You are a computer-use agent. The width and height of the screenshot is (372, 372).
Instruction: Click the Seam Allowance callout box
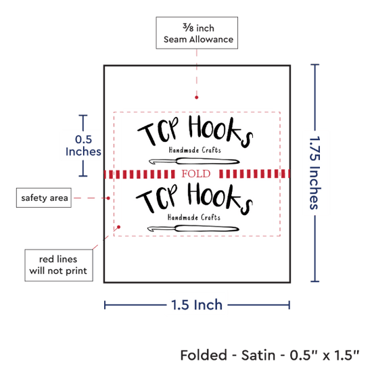click(x=197, y=32)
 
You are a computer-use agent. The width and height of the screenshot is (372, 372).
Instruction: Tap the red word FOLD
click(x=196, y=174)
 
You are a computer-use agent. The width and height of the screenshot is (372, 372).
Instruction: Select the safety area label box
click(x=44, y=197)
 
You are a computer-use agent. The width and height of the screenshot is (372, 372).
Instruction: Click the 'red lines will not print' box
click(x=59, y=265)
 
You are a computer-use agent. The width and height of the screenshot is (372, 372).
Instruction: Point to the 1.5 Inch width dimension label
click(x=197, y=304)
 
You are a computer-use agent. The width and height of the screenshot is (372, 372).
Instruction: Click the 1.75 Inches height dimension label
click(x=315, y=172)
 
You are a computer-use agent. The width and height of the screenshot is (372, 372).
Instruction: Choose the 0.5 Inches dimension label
click(x=83, y=145)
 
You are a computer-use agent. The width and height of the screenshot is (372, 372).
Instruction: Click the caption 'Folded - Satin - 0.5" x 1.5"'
click(x=270, y=355)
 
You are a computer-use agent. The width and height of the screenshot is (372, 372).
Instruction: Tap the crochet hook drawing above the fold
click(x=194, y=162)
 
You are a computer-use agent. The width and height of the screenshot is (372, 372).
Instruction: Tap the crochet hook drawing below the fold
click(x=193, y=229)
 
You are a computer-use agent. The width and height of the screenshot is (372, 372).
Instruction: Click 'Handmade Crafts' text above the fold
click(x=195, y=150)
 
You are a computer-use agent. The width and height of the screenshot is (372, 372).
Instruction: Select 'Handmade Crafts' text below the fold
click(x=194, y=217)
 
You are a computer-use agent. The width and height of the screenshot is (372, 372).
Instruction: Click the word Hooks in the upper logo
click(x=221, y=131)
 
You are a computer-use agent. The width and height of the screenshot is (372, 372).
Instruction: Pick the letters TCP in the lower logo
click(x=157, y=198)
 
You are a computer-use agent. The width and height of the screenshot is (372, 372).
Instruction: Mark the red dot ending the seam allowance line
click(x=196, y=97)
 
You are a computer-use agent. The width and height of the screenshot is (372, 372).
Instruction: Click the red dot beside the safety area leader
click(x=108, y=198)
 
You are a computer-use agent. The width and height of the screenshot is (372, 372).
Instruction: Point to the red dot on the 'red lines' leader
click(x=119, y=227)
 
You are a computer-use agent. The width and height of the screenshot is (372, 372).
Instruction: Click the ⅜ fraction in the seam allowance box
click(x=188, y=27)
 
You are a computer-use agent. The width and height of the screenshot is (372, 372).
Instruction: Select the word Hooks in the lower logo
click(x=220, y=199)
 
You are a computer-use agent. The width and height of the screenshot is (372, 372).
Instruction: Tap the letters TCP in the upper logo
click(x=158, y=131)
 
